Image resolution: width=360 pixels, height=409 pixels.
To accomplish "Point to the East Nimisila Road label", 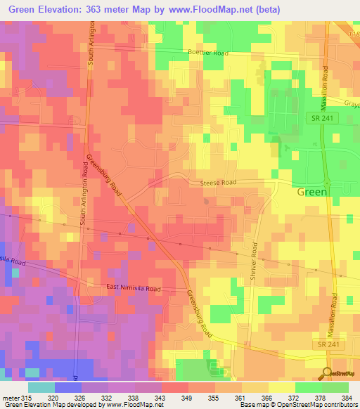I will pyautogui.click(x=134, y=289).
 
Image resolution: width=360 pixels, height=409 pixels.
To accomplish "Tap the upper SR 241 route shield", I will pyautogui.click(x=326, y=119).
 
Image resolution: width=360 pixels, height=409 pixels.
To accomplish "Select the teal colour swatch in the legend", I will pyautogui.click(x=41, y=387).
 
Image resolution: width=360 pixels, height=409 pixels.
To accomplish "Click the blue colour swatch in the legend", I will pyautogui.click(x=67, y=387).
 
